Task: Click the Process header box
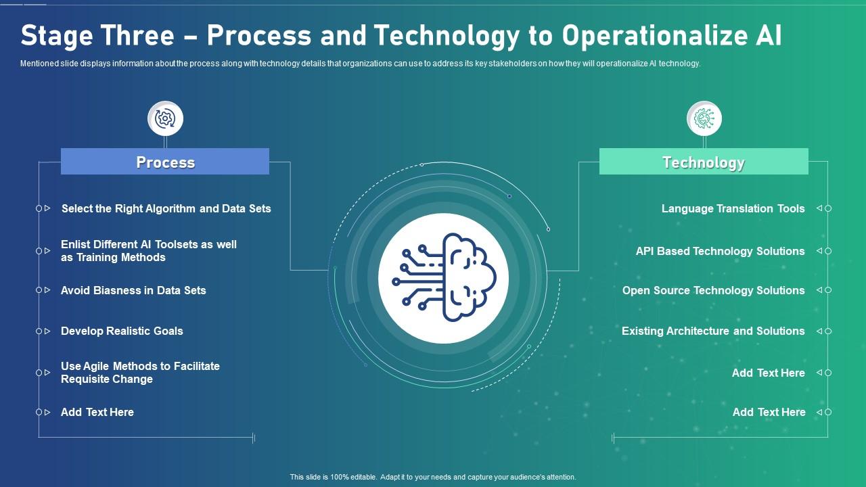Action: tap(165, 162)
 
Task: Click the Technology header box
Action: tap(704, 162)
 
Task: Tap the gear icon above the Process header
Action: tap(165, 119)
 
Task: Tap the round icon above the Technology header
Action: tap(704, 118)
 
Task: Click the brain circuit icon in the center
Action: tap(443, 278)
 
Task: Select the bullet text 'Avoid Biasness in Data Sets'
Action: tap(133, 290)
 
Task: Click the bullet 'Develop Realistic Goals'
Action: tap(122, 331)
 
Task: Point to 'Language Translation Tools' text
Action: tap(733, 208)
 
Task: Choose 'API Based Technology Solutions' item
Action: tap(720, 251)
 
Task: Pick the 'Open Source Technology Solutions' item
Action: tap(713, 290)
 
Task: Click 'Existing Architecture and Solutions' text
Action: tap(713, 331)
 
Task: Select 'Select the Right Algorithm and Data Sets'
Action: tap(166, 208)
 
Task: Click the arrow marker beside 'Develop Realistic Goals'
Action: tap(47, 331)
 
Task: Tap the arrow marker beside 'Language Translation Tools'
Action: tap(819, 208)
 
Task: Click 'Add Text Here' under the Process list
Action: tap(97, 412)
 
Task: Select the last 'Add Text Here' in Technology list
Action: tap(769, 412)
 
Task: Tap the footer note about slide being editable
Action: tap(433, 477)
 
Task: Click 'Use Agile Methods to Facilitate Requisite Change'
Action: tap(140, 373)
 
